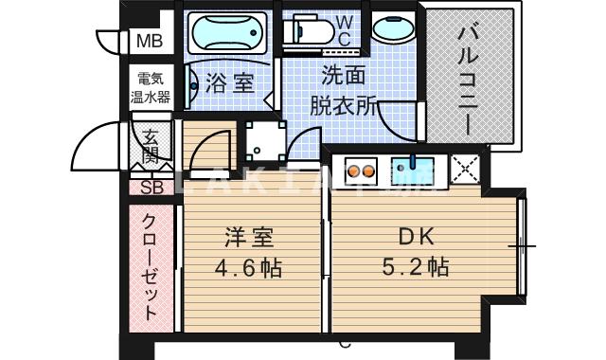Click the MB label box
[149, 41]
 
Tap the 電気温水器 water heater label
[150, 88]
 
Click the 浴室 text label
[229, 83]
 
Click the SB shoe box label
[151, 187]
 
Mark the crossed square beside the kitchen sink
[467, 168]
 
